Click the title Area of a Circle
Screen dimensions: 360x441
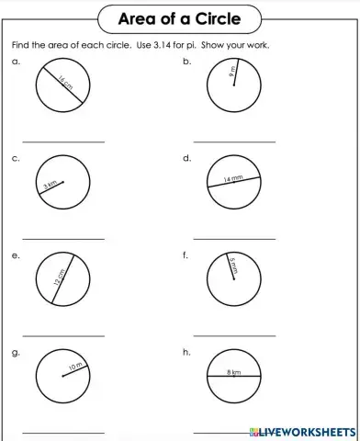[180, 19]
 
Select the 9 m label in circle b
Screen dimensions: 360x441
[233, 71]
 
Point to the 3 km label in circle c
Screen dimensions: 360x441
[51, 187]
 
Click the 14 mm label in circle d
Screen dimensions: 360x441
[233, 180]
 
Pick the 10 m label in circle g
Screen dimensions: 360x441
[75, 368]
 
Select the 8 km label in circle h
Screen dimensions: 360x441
[234, 372]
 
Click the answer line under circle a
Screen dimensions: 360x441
[63, 141]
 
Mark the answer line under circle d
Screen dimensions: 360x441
[234, 238]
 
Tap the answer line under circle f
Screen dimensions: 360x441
[234, 334]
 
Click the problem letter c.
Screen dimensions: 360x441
[16, 159]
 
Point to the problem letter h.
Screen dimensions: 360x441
[186, 352]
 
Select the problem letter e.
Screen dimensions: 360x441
[16, 255]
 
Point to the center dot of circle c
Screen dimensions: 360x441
[63, 180]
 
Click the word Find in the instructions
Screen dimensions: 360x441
[20, 45]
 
